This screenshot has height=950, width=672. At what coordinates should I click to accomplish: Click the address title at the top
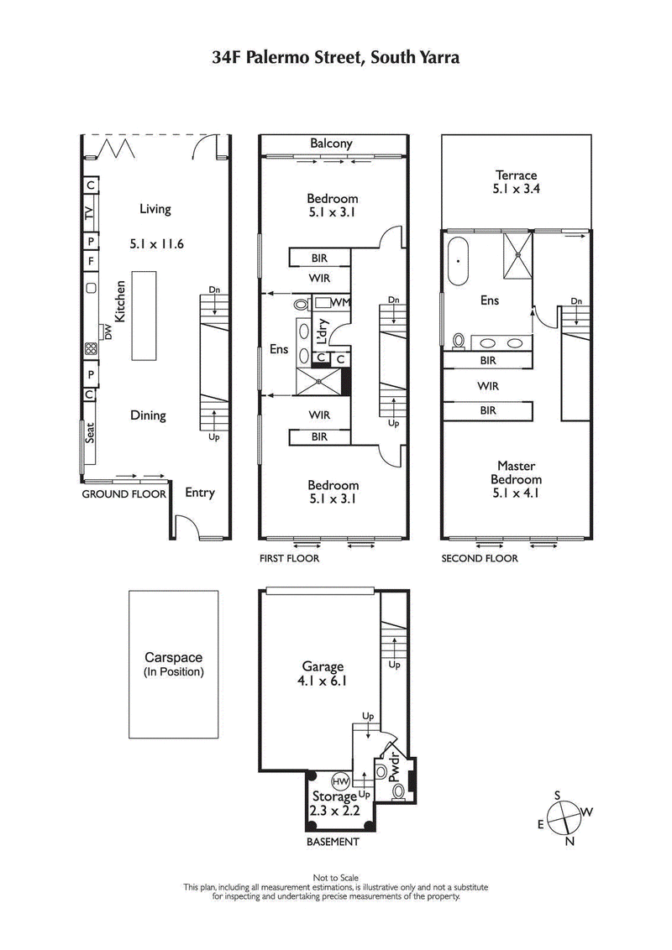pyautogui.click(x=336, y=58)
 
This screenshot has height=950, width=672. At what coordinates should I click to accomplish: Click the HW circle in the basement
pyautogui.click(x=341, y=780)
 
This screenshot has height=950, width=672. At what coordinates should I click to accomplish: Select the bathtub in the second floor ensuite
pyautogui.click(x=459, y=260)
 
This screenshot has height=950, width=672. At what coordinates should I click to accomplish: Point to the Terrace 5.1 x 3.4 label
pyautogui.click(x=516, y=182)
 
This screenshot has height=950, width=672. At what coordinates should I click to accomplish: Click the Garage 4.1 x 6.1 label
pyautogui.click(x=323, y=674)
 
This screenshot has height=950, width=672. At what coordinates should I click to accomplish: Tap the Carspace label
pyautogui.click(x=174, y=665)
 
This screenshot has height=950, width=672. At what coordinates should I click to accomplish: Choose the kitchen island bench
pyautogui.click(x=144, y=316)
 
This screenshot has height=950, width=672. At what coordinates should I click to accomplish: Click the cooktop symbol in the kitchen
pyautogui.click(x=90, y=349)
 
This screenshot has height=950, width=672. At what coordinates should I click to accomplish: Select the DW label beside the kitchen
pyautogui.click(x=108, y=332)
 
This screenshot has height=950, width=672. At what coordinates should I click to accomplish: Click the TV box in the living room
pyautogui.click(x=90, y=214)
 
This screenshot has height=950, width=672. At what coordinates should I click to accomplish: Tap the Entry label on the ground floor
pyautogui.click(x=199, y=493)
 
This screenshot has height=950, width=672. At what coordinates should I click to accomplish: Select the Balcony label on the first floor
pyautogui.click(x=331, y=144)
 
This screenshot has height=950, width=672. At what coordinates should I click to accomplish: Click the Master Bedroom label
pyautogui.click(x=516, y=479)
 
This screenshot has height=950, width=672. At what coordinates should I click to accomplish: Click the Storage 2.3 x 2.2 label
pyautogui.click(x=334, y=803)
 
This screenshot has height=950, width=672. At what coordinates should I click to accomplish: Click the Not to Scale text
pyautogui.click(x=335, y=878)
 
